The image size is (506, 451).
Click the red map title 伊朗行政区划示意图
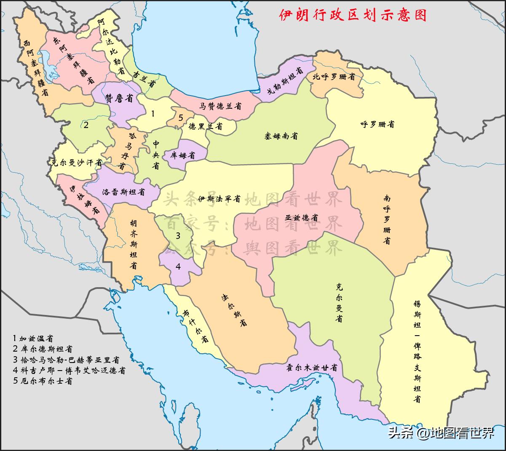click(x=353, y=15)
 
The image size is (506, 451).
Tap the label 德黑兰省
click(x=205, y=126)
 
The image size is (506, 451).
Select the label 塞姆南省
click(x=281, y=136)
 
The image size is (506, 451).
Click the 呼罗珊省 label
click(x=377, y=125)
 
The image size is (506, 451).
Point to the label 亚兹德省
click(x=301, y=218)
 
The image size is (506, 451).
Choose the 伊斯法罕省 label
click(x=219, y=198)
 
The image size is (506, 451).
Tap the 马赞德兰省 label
click(x=221, y=107)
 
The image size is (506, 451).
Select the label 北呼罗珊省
click(x=333, y=77)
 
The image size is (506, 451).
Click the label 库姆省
click(x=182, y=155)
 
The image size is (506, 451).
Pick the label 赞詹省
click(x=119, y=99)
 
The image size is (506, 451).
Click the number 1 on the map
click(x=153, y=113)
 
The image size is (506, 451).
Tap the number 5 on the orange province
click(x=181, y=117)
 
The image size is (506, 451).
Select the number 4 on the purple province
click(x=178, y=266)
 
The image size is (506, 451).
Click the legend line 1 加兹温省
click(x=33, y=338)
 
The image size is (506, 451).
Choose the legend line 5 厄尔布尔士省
click(x=43, y=381)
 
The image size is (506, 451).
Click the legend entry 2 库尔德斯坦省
click(x=43, y=349)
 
